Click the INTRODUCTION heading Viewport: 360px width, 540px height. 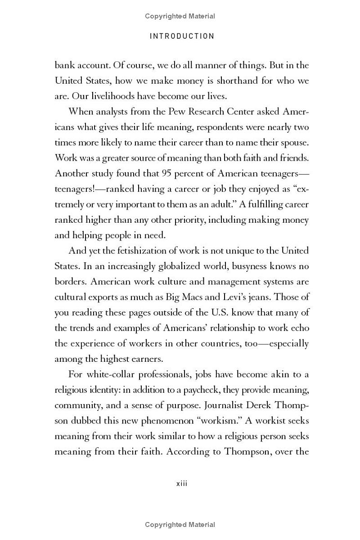click(182, 36)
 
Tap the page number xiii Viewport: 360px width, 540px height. click(181, 484)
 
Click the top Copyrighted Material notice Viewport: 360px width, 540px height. click(180, 16)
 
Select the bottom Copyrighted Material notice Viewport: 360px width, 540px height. click(180, 525)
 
